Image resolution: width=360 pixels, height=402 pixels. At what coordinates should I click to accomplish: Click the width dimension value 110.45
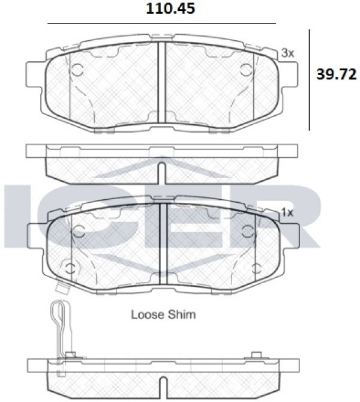click(170, 8)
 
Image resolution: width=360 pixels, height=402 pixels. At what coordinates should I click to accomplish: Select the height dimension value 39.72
click(337, 74)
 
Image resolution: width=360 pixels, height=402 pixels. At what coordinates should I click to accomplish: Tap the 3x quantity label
click(287, 53)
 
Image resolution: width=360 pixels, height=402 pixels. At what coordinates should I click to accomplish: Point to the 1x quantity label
click(287, 212)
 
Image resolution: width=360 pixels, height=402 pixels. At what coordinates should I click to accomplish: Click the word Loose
click(147, 314)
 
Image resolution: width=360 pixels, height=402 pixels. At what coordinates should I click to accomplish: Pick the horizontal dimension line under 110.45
click(161, 23)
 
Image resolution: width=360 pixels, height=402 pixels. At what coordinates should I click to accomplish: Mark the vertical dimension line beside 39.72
click(309, 80)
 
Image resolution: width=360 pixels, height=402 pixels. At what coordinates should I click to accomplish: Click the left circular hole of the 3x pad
click(77, 69)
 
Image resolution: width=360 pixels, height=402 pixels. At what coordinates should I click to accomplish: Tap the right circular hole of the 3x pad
click(247, 69)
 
